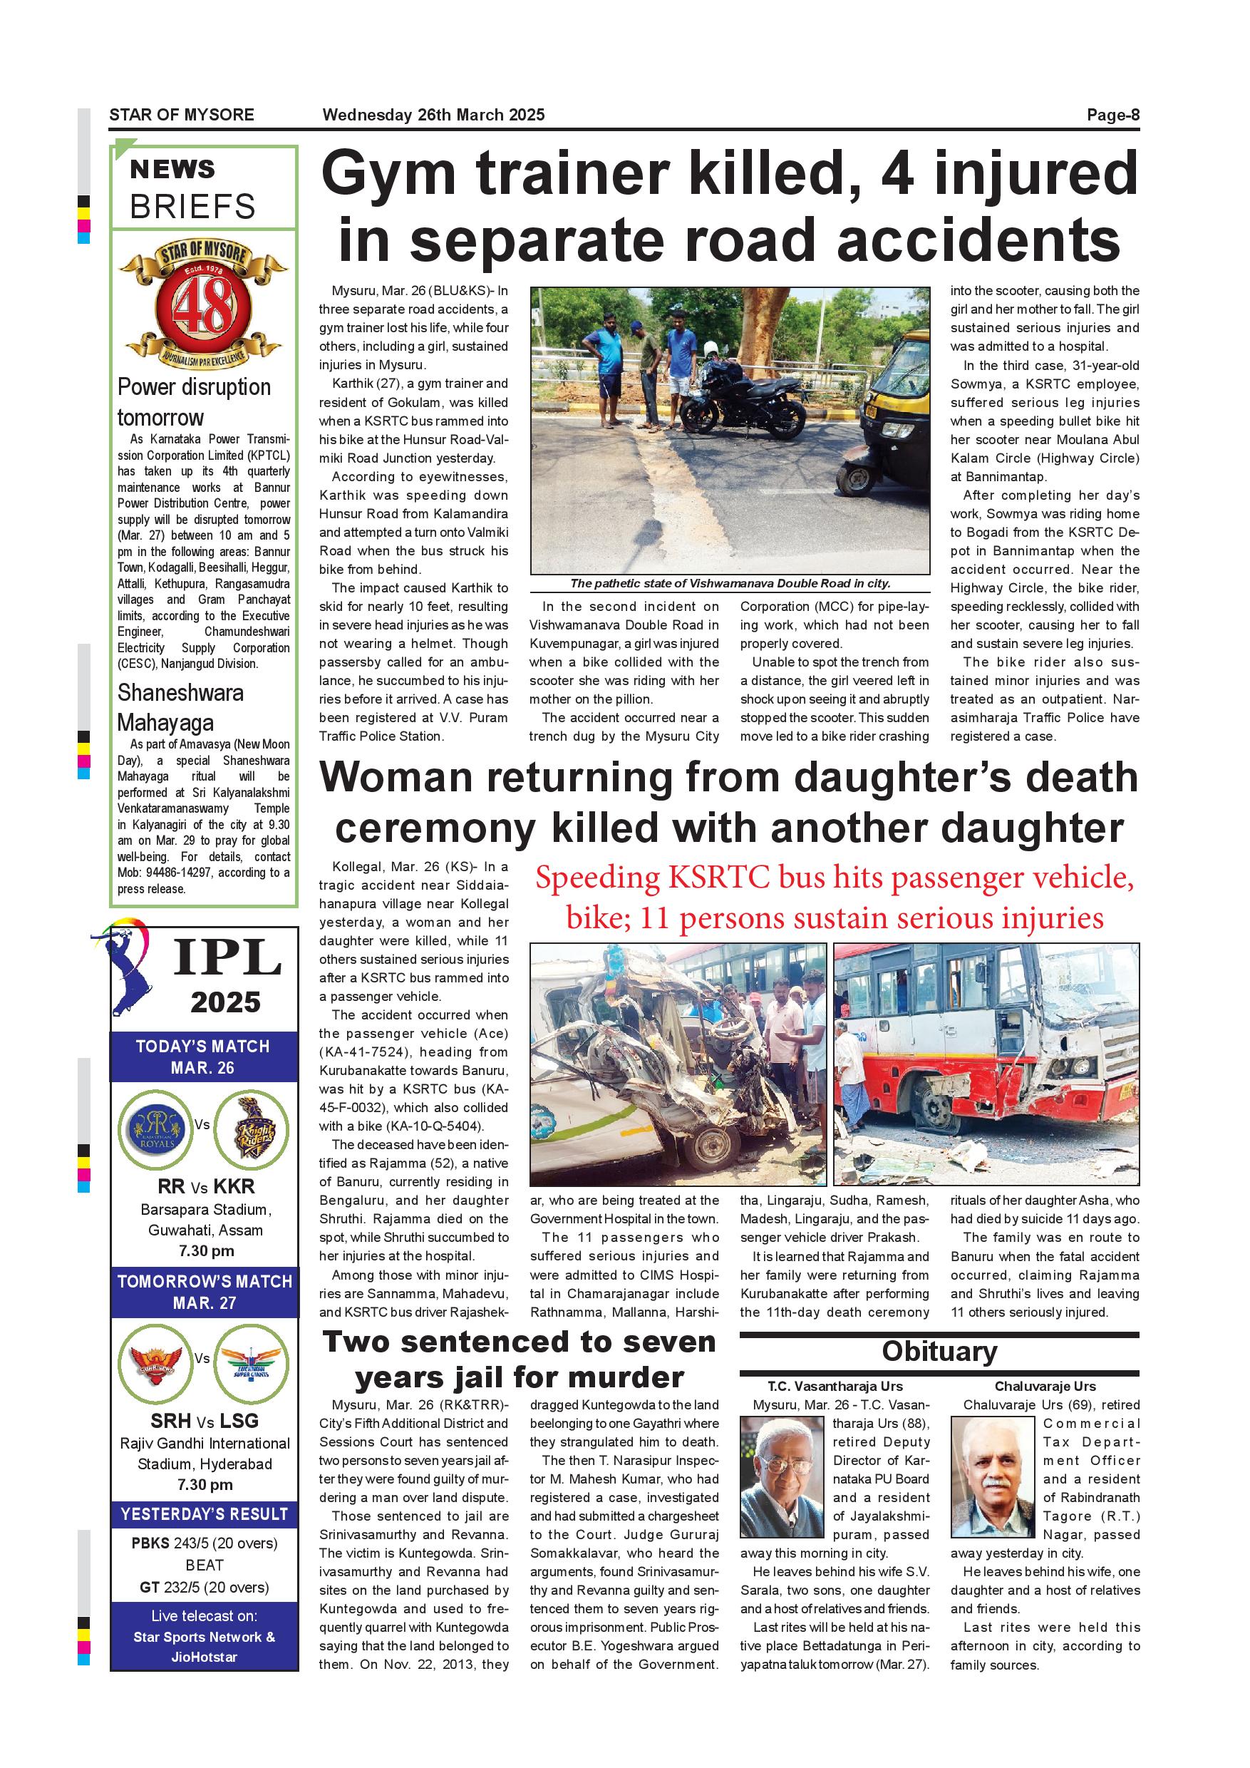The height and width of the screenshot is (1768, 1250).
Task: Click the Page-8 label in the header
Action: pyautogui.click(x=1112, y=115)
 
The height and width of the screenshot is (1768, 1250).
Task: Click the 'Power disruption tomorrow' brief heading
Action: pyautogui.click(x=194, y=402)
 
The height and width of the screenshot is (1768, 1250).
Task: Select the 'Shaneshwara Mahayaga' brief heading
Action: pyautogui.click(x=180, y=707)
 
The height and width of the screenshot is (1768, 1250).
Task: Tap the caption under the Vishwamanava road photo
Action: pyautogui.click(x=730, y=584)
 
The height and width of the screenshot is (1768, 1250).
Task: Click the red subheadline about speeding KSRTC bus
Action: pyautogui.click(x=835, y=898)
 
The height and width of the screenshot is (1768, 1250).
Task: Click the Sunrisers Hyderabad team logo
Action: pyautogui.click(x=156, y=1364)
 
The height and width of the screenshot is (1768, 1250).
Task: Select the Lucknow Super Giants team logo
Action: pyautogui.click(x=251, y=1364)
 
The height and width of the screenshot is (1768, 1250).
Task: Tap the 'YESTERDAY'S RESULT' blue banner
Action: pyautogui.click(x=204, y=1514)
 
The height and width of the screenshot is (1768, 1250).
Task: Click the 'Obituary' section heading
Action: pyautogui.click(x=939, y=1352)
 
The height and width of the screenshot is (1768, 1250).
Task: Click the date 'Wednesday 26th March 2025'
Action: pyautogui.click(x=433, y=115)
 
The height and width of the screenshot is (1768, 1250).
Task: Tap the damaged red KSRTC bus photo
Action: pyautogui.click(x=986, y=1064)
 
